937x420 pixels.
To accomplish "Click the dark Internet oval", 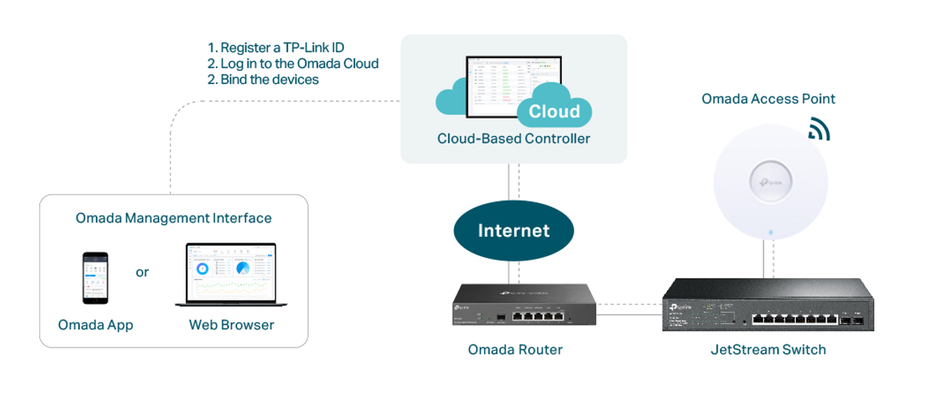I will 513,230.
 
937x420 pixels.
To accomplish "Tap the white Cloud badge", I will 554,112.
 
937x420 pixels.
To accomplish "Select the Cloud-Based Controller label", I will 513,139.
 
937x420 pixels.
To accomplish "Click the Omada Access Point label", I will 768,99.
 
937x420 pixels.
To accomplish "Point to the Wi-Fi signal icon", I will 818,129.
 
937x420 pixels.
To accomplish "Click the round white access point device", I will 770,182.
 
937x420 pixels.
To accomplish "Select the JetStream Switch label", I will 768,350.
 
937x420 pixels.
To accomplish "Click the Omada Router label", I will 515,350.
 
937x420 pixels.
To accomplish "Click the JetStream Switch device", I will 768,305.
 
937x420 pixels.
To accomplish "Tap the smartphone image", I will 95,278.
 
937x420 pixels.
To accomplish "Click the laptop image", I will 231,275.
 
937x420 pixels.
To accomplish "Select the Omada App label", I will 95,326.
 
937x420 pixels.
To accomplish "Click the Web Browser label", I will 232,326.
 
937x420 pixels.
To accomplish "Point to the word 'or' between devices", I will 142,272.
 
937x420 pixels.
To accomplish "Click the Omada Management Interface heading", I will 174,218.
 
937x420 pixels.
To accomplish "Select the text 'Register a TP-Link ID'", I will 282,48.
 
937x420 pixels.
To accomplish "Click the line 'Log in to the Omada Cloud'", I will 299,63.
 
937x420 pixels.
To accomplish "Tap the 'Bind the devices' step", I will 269,79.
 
